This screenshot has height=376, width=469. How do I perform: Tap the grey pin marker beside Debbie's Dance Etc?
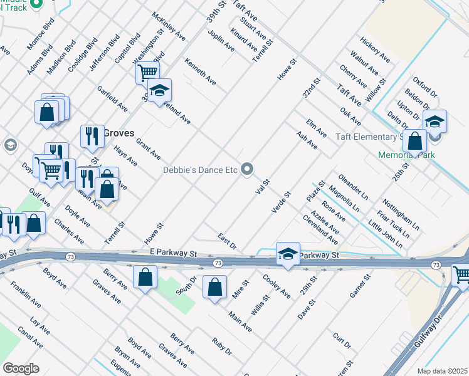248,169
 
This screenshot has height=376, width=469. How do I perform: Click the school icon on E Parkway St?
287,254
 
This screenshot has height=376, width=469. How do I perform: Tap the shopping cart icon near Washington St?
147,72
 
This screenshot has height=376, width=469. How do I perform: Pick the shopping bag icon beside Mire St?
214,287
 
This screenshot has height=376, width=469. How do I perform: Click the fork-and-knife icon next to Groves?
92,136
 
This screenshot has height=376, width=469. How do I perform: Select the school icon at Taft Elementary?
435,122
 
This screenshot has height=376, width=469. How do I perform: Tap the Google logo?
21,368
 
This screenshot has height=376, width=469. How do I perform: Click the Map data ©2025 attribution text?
442,371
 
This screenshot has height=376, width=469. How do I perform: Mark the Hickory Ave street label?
375,50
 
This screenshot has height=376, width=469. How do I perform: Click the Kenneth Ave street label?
200,72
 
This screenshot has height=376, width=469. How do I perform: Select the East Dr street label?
226,242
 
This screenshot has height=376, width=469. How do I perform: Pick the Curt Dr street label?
342,340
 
